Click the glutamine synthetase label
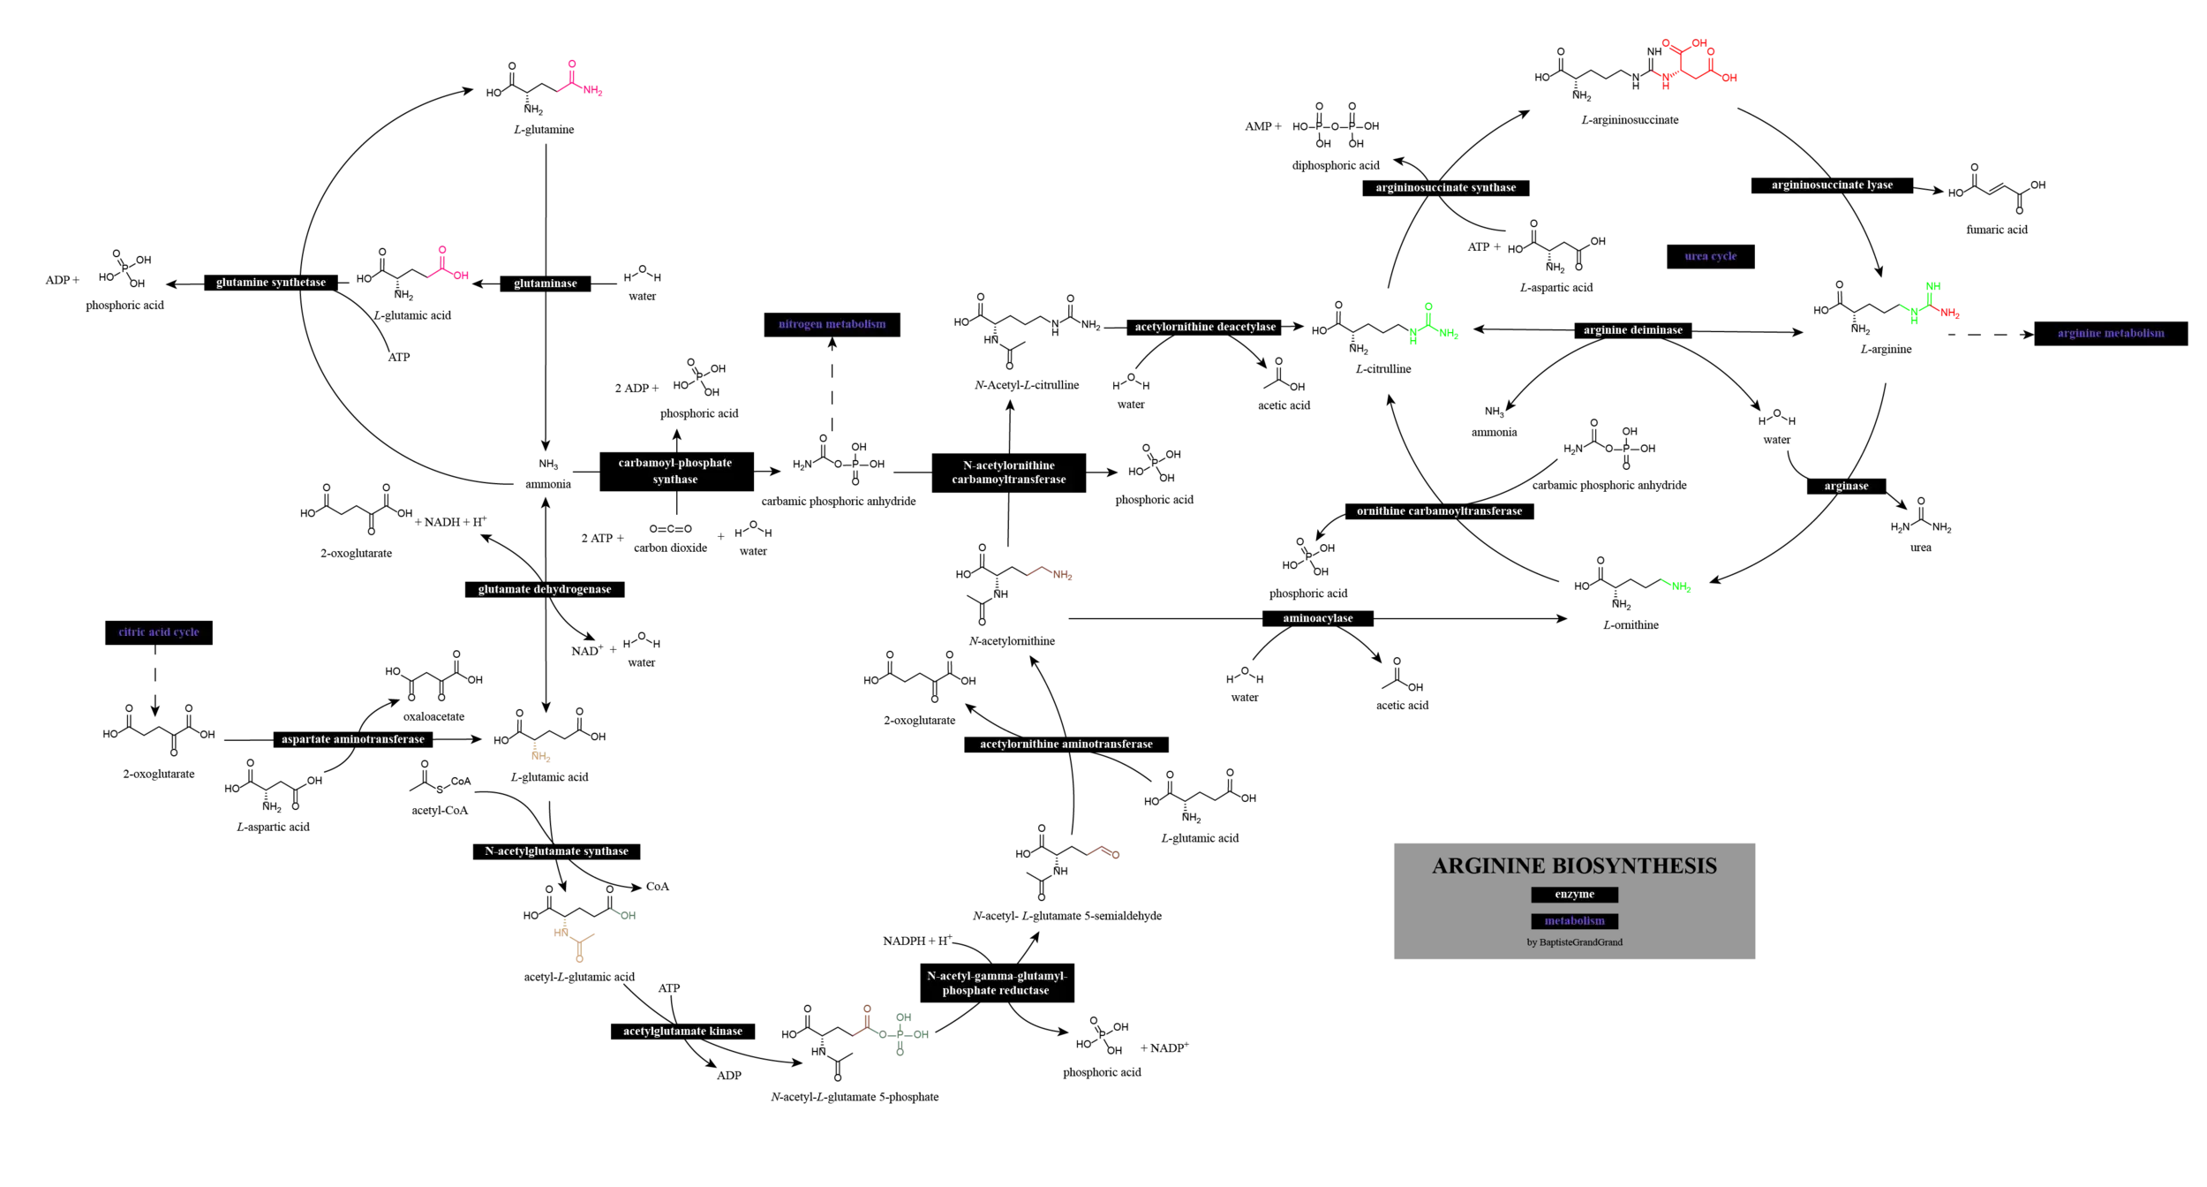coord(271,283)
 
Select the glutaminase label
coord(545,284)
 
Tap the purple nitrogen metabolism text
coord(832,324)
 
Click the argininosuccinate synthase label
coord(1445,187)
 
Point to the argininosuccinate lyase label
coord(1832,185)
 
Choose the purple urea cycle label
coord(1710,256)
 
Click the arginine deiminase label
coord(1632,330)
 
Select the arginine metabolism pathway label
coord(2110,333)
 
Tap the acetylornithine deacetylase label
coord(1205,327)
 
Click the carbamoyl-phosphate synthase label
coord(674,471)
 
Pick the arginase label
coord(1846,486)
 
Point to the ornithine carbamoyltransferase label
coord(1439,510)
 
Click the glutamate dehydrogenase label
coord(544,589)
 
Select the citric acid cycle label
coord(159,631)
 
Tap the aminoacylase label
coord(1317,618)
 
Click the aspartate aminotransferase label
coord(352,739)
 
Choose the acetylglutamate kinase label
coord(682,1031)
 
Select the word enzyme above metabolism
coord(1574,894)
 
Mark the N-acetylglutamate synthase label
coord(556,851)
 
